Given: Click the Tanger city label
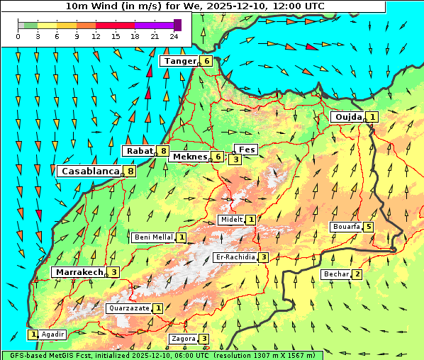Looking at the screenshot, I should pyautogui.click(x=179, y=61).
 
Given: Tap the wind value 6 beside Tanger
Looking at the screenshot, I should pyautogui.click(x=206, y=61).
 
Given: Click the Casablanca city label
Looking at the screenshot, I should pyautogui.click(x=89, y=171).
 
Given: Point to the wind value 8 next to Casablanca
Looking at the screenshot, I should pyautogui.click(x=130, y=171).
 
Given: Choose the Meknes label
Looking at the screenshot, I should pyautogui.click(x=189, y=157).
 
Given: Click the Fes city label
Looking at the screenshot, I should pyautogui.click(x=247, y=150).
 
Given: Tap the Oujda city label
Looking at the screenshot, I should pyautogui.click(x=347, y=117).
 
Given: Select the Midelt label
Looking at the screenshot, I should pyautogui.click(x=231, y=220).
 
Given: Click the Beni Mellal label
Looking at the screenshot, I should pyautogui.click(x=153, y=237).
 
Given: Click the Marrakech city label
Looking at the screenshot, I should pyautogui.click(x=78, y=272).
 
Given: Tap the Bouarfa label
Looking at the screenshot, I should pyautogui.click(x=346, y=227).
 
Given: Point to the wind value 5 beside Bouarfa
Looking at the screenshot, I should pyautogui.click(x=369, y=227).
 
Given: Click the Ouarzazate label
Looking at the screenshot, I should pyautogui.click(x=128, y=308).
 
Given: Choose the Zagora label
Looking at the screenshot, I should pyautogui.click(x=183, y=339).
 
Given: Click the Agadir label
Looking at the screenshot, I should pyautogui.click(x=53, y=334).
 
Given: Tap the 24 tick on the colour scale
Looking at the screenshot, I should pyautogui.click(x=174, y=35).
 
